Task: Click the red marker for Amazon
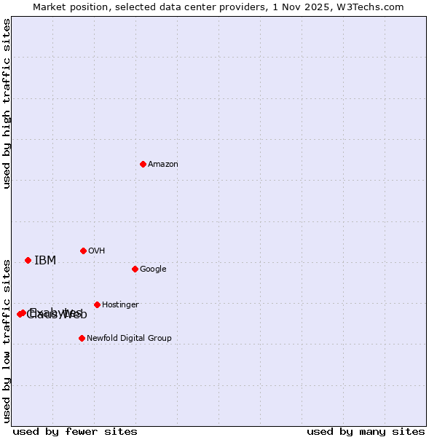[143, 164]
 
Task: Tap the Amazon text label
[163, 165]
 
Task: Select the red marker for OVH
[83, 251]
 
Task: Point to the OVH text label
[97, 251]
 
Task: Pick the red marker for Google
[135, 269]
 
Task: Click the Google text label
[153, 269]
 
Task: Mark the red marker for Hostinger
[97, 304]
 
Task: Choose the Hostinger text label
[120, 305]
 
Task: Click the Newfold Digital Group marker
[82, 338]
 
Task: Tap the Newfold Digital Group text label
[129, 339]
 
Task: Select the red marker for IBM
[28, 260]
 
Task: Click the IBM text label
[45, 261]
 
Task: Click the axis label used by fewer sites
[75, 432]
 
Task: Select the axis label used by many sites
[366, 432]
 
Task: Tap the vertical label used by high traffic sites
[7, 103]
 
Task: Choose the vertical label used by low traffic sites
[7, 340]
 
